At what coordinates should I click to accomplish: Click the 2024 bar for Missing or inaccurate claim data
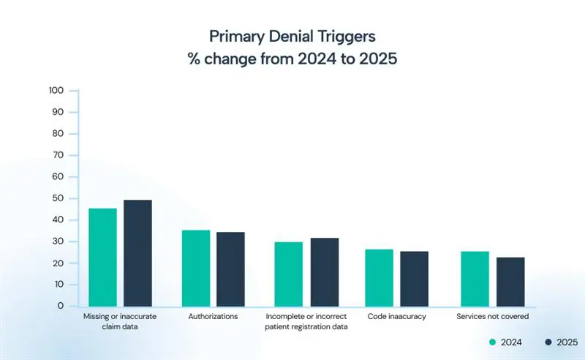pos(102,257)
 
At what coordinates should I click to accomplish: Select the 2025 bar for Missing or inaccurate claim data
pos(137,252)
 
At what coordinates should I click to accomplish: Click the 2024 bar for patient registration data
pos(288,274)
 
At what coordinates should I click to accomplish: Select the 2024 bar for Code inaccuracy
pos(379,277)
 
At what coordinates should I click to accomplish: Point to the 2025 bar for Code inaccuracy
pos(414,279)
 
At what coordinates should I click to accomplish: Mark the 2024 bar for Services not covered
pos(475,279)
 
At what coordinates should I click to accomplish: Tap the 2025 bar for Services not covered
pos(510,282)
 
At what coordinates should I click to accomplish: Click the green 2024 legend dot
pos(492,342)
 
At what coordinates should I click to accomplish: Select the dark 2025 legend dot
pos(548,342)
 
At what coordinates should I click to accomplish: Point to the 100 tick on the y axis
pos(56,91)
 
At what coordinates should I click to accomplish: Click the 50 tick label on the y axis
pos(59,198)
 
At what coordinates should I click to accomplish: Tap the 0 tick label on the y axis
pos(61,306)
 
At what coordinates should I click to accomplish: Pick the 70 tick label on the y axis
pos(59,155)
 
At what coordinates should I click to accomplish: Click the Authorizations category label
pos(213,317)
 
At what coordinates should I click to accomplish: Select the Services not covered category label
pos(492,317)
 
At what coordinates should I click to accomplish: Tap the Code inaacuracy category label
pos(397,317)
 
